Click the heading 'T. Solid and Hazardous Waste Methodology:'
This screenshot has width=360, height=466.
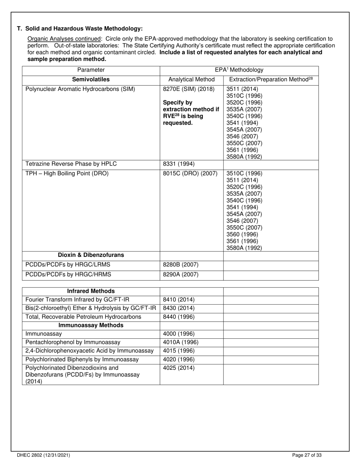pos(80,28)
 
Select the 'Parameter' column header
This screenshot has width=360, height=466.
pos(91,70)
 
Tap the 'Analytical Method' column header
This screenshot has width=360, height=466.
pos(191,79)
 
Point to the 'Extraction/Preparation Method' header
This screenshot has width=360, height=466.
pos(271,79)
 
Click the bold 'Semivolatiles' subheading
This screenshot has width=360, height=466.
pos(91,79)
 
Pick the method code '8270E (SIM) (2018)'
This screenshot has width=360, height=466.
pos(188,89)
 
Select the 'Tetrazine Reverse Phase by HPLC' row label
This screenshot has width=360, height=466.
pos(71,164)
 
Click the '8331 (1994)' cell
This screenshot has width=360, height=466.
pos(178,164)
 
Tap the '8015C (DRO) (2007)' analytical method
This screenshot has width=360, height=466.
pos(190,174)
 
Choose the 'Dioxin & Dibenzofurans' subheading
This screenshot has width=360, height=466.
pos(91,255)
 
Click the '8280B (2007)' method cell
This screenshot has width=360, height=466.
pos(180,265)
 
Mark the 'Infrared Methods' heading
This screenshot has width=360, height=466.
pos(91,291)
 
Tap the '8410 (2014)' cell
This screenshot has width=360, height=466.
pos(178,299)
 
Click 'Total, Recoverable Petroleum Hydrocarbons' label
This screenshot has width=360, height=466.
pos(83,316)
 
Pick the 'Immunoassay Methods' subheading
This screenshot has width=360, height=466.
pos(91,325)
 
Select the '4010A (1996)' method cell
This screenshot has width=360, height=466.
pos(180,342)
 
